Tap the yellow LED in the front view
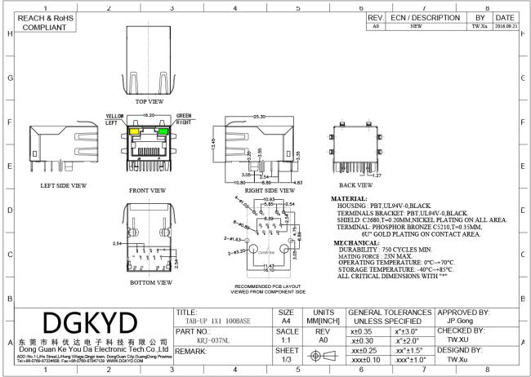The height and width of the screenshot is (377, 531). pos(132,131)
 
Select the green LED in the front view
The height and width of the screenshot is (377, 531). pos(163,131)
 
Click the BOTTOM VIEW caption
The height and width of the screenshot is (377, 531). pos(151,282)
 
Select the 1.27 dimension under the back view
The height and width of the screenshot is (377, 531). pos(377,175)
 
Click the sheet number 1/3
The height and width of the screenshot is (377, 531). pos(286,359)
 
